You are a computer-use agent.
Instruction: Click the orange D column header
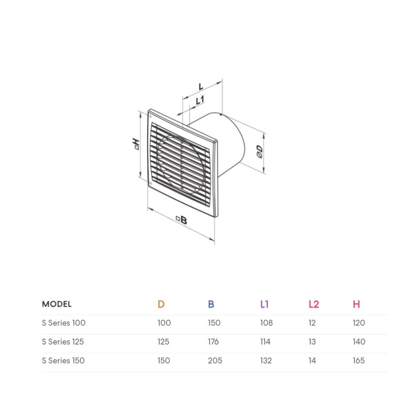(x=161, y=304)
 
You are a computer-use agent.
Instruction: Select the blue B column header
(x=211, y=304)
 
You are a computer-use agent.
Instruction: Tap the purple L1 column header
(x=265, y=304)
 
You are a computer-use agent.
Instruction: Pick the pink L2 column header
(x=314, y=304)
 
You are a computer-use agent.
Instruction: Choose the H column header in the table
(x=357, y=304)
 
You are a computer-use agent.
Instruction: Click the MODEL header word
(x=57, y=304)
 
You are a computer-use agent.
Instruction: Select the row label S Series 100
(x=64, y=323)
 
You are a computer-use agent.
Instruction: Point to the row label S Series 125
(x=63, y=342)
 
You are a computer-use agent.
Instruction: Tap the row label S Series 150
(x=63, y=361)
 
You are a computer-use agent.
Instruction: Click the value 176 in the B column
(x=213, y=342)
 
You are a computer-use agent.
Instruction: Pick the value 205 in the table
(x=215, y=361)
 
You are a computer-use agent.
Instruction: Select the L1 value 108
(x=266, y=323)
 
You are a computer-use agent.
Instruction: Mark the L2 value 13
(x=312, y=342)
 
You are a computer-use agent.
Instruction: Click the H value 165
(x=358, y=361)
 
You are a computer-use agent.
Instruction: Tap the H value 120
(x=358, y=323)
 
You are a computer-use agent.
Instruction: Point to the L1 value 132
(x=266, y=361)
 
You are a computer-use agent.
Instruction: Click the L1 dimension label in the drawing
(x=200, y=100)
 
